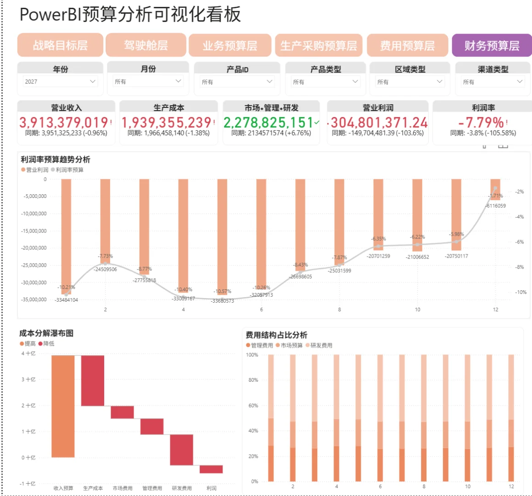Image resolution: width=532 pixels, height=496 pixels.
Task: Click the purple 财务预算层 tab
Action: click(491, 45)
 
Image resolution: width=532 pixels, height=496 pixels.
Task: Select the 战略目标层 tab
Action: click(60, 45)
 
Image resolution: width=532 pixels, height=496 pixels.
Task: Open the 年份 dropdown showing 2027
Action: click(60, 82)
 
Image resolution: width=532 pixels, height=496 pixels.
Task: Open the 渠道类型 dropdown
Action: click(493, 82)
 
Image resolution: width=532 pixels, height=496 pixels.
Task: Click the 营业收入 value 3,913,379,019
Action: click(64, 123)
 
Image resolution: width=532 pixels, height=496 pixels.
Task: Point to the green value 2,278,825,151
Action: click(269, 123)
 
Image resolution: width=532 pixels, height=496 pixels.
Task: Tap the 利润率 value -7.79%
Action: click(481, 123)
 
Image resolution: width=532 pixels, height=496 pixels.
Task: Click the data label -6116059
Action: click(496, 206)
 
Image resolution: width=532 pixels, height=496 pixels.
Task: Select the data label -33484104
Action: click(67, 300)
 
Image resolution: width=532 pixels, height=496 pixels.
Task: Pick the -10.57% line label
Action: click(223, 292)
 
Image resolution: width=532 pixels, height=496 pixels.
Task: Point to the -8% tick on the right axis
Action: click(519, 267)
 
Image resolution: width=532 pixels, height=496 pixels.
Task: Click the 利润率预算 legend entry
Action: click(69, 170)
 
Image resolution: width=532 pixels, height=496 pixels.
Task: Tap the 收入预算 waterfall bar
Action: click(63, 406)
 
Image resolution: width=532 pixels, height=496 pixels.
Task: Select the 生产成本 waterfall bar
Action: click(93, 380)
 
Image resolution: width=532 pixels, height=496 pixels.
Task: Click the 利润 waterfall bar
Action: click(211, 469)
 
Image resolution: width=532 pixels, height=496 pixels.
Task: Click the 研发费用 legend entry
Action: click(321, 345)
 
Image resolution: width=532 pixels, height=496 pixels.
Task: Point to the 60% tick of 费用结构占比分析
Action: click(253, 406)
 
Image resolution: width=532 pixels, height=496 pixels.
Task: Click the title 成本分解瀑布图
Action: click(46, 333)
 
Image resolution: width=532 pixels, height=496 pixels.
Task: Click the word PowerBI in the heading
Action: click(50, 15)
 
